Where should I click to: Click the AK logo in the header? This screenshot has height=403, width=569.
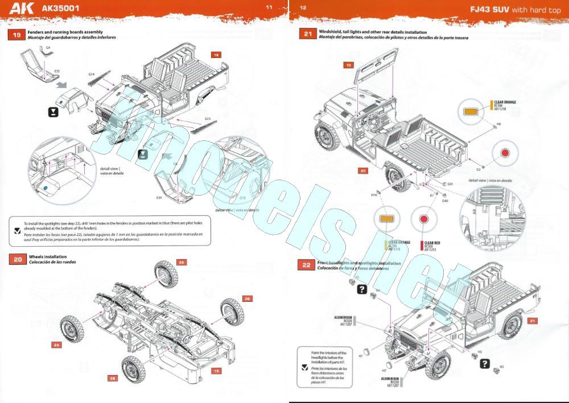coord(26,9)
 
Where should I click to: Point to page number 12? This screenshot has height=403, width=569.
coord(303,7)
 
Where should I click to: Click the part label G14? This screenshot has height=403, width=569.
coord(91,74)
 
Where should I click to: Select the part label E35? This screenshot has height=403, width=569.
coord(57,70)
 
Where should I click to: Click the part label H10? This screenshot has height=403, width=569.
coord(374,194)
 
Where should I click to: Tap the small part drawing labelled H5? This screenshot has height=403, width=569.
coord(496,372)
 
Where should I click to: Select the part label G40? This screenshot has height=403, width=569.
coord(444,200)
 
